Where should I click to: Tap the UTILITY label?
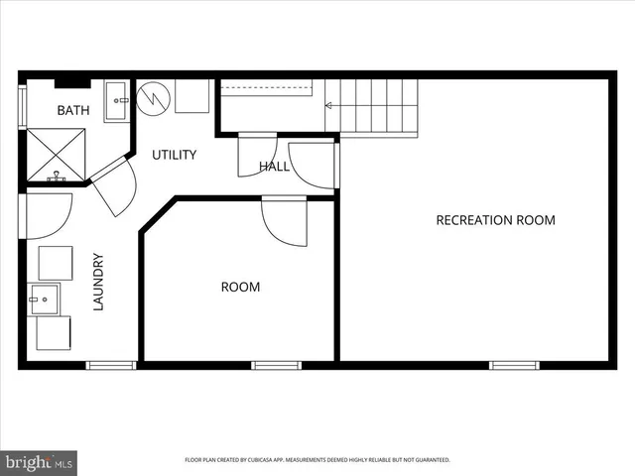coord(174,155)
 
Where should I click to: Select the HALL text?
coord(274,167)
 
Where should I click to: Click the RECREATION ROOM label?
coord(495,220)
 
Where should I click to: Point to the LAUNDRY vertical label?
coord(98,283)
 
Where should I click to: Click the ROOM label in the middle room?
coord(240,287)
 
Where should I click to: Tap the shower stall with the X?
coord(56,154)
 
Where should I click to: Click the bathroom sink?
coord(116,100)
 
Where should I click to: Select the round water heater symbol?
coord(154,97)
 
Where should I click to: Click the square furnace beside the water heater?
coord(192,97)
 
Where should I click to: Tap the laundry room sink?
coord(44,297)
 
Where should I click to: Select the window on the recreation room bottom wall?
coord(515,365)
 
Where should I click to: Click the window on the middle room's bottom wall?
coord(276,365)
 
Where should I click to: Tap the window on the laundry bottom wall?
coord(111,365)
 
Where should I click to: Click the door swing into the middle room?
coord(286,220)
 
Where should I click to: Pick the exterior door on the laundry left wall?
coord(44,214)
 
